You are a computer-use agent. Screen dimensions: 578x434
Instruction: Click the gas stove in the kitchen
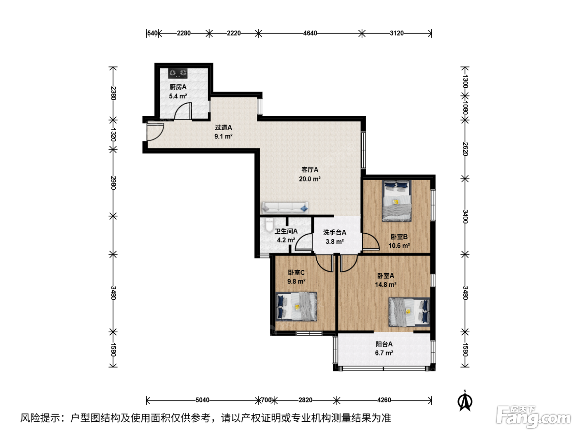click(x=178, y=73)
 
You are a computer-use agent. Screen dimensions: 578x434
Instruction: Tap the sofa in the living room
click(x=285, y=207)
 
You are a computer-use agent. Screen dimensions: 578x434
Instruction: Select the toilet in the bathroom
click(x=269, y=225)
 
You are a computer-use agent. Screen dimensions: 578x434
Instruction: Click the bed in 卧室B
click(x=397, y=201)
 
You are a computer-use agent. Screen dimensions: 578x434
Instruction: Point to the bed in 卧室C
click(x=296, y=306)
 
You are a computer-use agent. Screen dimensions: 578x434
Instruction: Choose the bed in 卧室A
click(x=409, y=312)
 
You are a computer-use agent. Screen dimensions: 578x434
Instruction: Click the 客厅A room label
click(x=310, y=169)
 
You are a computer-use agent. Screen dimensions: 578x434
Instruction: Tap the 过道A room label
click(x=223, y=127)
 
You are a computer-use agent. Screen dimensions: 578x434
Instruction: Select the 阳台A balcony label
click(x=384, y=344)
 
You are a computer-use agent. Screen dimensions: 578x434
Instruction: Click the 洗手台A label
click(x=334, y=232)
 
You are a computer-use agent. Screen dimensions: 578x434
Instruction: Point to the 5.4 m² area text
click(x=178, y=96)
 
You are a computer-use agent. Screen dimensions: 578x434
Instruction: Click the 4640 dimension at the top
click(x=310, y=33)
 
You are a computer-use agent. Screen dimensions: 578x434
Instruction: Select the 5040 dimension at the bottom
click(x=202, y=400)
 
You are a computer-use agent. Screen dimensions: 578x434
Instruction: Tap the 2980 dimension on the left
click(x=113, y=183)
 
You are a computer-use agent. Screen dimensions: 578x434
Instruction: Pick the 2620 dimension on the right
click(x=465, y=149)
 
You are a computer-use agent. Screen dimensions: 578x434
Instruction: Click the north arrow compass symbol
click(x=465, y=401)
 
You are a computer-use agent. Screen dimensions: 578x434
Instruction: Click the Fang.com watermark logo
click(x=533, y=417)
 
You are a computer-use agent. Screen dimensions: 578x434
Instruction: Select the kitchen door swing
click(x=183, y=111)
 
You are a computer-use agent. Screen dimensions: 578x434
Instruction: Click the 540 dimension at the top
click(x=152, y=33)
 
